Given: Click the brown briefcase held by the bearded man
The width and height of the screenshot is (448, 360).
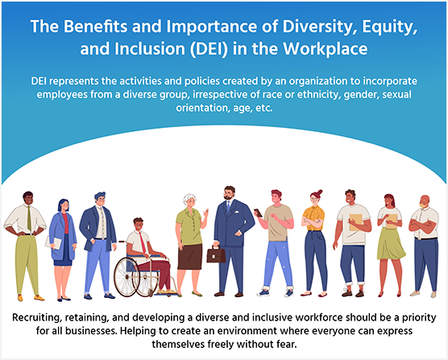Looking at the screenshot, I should click(216, 255).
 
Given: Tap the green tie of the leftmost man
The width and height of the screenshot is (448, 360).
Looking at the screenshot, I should click(30, 220).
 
